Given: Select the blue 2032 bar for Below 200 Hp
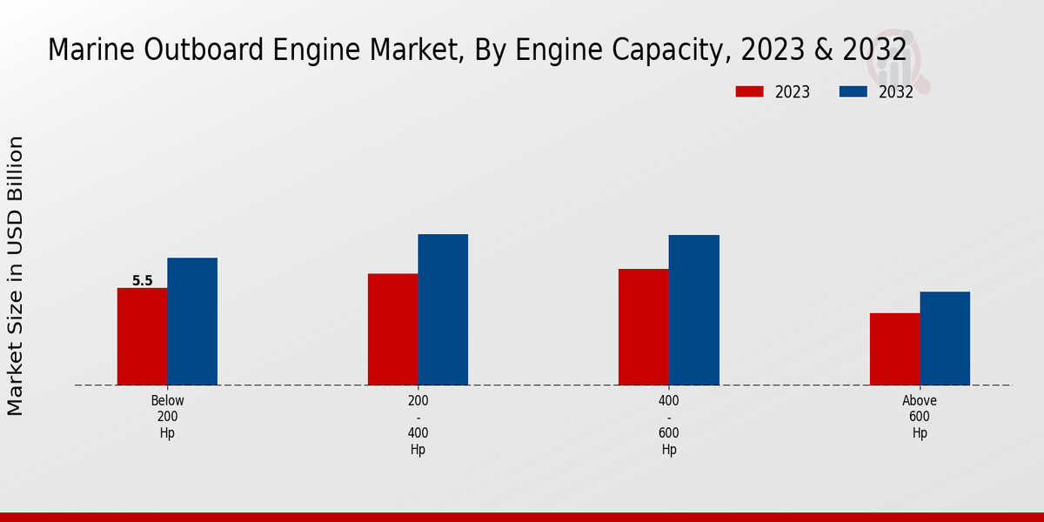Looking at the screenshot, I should pos(192,321).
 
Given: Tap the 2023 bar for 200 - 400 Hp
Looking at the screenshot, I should pos(392,329).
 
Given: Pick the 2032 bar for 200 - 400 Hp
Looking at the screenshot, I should pos(443,309).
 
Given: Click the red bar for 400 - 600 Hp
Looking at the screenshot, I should pos(644,326).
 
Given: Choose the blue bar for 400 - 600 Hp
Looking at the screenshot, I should pos(694,310).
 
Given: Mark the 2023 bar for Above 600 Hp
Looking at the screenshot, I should pos(894,349).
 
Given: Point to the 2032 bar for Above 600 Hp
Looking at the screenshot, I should pos(945,338).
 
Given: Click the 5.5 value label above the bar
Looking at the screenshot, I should pos(142,281).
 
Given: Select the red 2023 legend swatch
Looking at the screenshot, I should pos(749,91).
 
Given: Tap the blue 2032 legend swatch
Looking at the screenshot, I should pos(853,91).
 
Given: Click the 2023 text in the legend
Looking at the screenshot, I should pos(792,92).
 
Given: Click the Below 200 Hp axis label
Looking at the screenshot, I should pos(167,417).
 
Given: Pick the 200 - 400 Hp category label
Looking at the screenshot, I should pos(418,425).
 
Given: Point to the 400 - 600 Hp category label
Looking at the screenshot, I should pos(669,425).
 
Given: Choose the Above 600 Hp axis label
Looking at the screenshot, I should pos(920,417).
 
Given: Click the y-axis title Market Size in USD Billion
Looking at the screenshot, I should pos(16,275).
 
